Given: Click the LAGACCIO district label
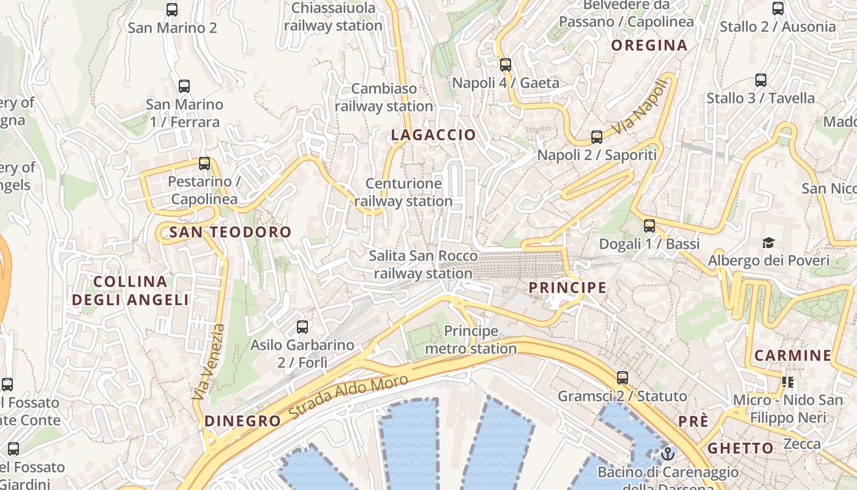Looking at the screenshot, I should (x=433, y=135).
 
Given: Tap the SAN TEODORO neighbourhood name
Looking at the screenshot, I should (x=230, y=232).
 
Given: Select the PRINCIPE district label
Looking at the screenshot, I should (x=567, y=287).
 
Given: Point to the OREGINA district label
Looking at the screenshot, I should (x=649, y=45).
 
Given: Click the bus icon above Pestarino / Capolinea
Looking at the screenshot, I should (x=204, y=164).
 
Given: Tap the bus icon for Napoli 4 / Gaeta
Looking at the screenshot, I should (x=506, y=64).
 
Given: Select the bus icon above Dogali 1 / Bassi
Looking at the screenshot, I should (x=649, y=226).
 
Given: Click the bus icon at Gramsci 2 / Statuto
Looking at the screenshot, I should (x=623, y=377).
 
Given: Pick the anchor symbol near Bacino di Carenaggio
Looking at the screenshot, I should (x=668, y=454).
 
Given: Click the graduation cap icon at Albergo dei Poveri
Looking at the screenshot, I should (x=768, y=243).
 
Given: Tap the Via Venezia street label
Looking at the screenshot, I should (x=208, y=362).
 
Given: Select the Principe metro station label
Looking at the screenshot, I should (x=471, y=340).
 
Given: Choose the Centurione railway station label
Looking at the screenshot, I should (x=403, y=192).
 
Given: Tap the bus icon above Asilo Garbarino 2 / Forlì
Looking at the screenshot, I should (x=302, y=326).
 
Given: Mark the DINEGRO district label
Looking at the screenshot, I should (x=242, y=421).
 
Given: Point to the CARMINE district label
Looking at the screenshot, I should (x=793, y=355).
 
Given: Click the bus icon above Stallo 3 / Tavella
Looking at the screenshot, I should (x=761, y=80).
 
